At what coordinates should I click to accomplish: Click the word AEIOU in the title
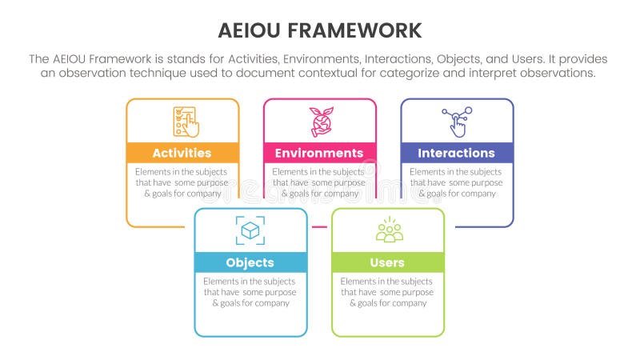click(249, 30)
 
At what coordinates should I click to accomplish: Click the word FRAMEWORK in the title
click(354, 30)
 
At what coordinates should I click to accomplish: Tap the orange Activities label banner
click(182, 153)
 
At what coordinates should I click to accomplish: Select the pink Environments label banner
click(319, 153)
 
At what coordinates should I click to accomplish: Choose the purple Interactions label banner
click(457, 153)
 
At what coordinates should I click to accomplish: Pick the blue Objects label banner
click(250, 262)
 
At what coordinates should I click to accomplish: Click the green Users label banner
click(388, 262)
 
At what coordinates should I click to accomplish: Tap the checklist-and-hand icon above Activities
click(186, 122)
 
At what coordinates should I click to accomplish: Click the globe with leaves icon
click(322, 122)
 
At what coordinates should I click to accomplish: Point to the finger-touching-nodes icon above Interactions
click(457, 122)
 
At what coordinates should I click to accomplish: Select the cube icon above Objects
click(250, 230)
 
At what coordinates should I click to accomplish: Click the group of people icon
click(389, 230)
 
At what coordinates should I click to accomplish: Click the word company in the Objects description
click(272, 303)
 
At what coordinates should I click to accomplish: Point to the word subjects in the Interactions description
click(486, 172)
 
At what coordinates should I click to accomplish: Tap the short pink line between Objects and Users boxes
click(319, 226)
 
